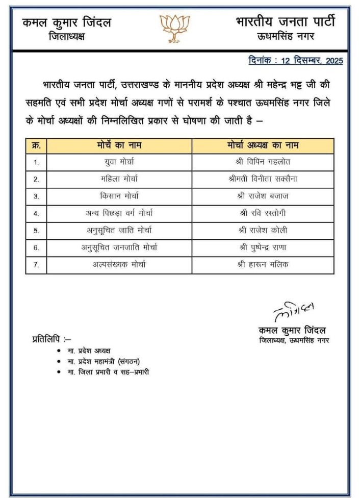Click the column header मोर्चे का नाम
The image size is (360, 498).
tap(119, 145)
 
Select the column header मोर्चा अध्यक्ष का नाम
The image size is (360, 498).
tap(263, 145)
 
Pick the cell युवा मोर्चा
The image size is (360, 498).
tap(119, 162)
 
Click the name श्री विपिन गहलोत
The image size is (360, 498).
tap(263, 162)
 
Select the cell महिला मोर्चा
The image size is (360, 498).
tap(119, 179)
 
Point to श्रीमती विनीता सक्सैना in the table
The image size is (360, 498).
tap(263, 179)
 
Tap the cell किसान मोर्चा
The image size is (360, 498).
tap(119, 196)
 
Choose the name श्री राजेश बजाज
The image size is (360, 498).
tap(263, 196)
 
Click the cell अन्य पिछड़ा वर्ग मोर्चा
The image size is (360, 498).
tap(119, 213)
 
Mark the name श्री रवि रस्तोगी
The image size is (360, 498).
tap(263, 213)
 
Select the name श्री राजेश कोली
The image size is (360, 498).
tap(263, 230)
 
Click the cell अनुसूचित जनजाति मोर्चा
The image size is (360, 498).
tap(119, 247)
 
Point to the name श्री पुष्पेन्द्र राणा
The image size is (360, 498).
tap(263, 247)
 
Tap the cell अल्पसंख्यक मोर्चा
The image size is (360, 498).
tap(119, 265)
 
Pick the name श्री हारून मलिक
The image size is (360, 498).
tap(263, 265)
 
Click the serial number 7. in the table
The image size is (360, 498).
tap(36, 265)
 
